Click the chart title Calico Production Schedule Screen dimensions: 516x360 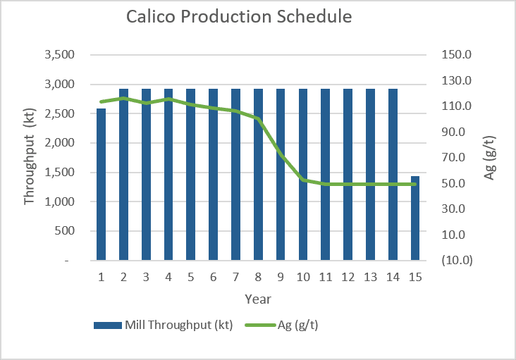(x=239, y=16)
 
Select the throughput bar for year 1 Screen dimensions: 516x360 (x=101, y=185)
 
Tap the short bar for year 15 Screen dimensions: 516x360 (x=415, y=218)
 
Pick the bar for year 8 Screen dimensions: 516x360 (x=258, y=175)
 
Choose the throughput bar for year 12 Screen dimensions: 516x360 (x=348, y=175)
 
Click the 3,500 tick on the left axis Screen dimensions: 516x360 (x=59, y=54)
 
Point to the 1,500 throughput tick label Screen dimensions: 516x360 (x=59, y=172)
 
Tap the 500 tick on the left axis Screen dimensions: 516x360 (x=65, y=231)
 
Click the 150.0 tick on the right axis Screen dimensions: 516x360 (x=457, y=54)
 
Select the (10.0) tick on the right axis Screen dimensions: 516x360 (x=457, y=260)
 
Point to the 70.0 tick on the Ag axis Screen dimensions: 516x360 (x=453, y=158)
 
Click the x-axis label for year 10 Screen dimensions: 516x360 (x=303, y=277)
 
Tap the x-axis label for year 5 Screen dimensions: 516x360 (x=191, y=277)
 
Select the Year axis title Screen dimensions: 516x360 (x=258, y=299)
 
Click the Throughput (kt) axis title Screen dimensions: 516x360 (x=30, y=156)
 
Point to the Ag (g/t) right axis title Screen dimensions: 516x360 (x=489, y=158)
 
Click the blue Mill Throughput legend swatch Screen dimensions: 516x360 (x=108, y=325)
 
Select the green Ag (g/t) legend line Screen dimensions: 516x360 (x=260, y=325)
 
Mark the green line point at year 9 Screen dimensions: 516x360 (x=281, y=154)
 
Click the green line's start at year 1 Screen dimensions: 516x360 (x=101, y=101)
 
